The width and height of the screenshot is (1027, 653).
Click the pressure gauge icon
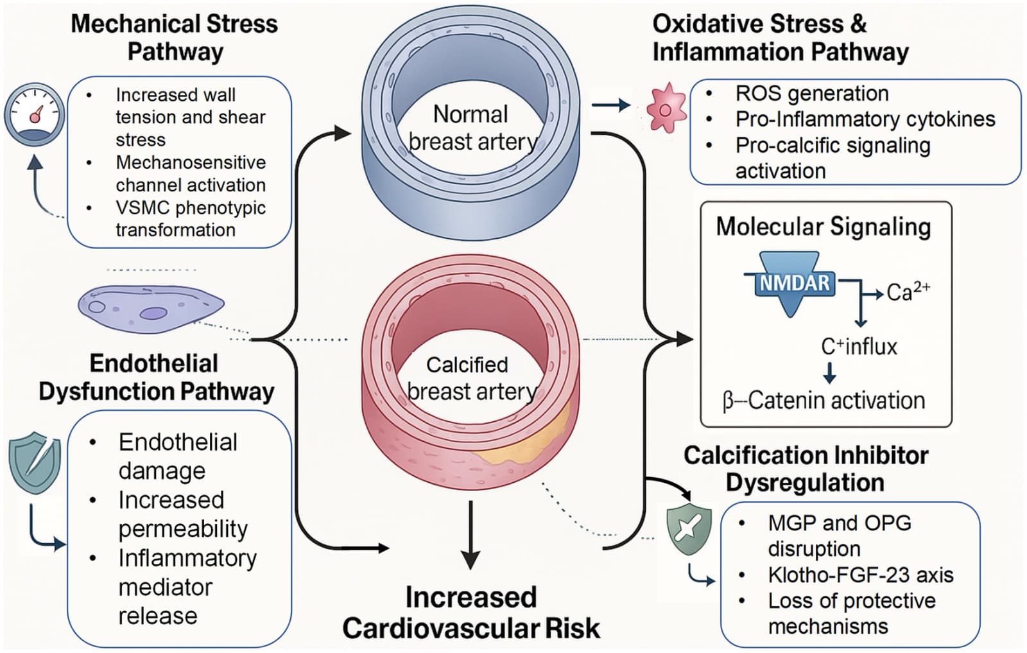coord(35,114)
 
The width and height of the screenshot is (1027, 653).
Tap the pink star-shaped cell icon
coord(666,109)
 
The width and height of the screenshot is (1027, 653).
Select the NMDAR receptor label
coord(795,283)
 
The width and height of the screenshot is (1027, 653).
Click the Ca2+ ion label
coord(908,291)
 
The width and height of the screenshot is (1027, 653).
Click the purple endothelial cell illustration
coord(151,308)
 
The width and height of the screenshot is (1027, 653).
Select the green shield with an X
coord(689,528)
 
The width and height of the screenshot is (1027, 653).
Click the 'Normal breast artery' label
coord(472,128)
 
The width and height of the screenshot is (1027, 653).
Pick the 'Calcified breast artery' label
coord(471,378)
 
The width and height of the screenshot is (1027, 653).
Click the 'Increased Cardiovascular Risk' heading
coord(471,613)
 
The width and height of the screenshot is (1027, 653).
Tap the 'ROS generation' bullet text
coord(812,94)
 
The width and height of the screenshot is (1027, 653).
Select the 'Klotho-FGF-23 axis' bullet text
coord(861,575)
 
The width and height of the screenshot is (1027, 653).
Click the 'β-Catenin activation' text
coord(824,400)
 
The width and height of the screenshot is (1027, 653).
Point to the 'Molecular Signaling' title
coord(824,227)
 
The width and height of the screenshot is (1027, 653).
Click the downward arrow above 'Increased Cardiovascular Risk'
coord(471,535)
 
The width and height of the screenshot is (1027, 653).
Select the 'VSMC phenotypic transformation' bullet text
coord(191,219)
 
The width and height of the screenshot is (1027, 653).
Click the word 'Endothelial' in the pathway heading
coord(153,363)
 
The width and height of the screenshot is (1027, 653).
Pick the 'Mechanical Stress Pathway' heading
coord(175,38)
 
